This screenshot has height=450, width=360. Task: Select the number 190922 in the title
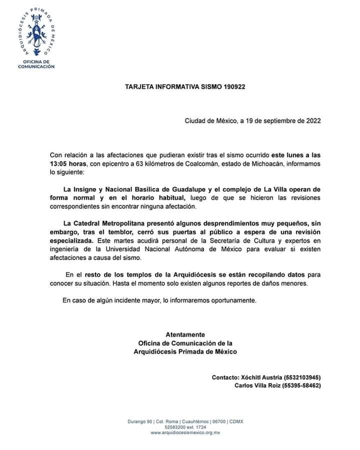[233, 86]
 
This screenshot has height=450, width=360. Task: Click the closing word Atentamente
[185, 334]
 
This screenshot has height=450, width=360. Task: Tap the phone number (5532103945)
[302, 377]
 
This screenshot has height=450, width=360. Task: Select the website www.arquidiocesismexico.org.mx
[185, 431]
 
